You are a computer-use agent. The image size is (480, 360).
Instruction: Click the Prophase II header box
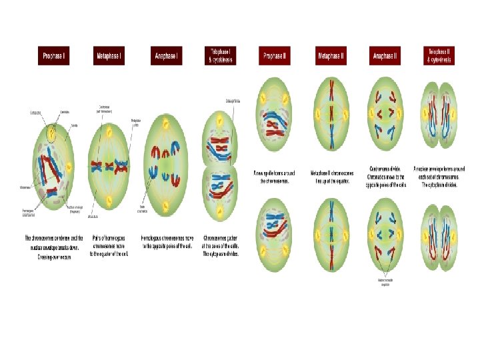pos(275,56)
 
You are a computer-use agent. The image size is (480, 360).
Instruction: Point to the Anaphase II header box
pos(386,56)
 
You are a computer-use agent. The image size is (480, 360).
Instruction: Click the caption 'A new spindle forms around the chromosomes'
pos(275,177)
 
